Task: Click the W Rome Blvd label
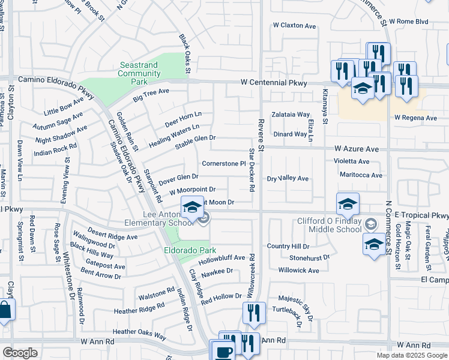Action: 411,22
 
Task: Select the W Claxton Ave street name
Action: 294,26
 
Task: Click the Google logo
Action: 20,353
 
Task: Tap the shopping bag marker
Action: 4,311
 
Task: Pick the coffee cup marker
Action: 224,351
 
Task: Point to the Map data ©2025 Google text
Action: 411,355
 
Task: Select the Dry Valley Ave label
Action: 288,179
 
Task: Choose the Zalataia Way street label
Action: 291,114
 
